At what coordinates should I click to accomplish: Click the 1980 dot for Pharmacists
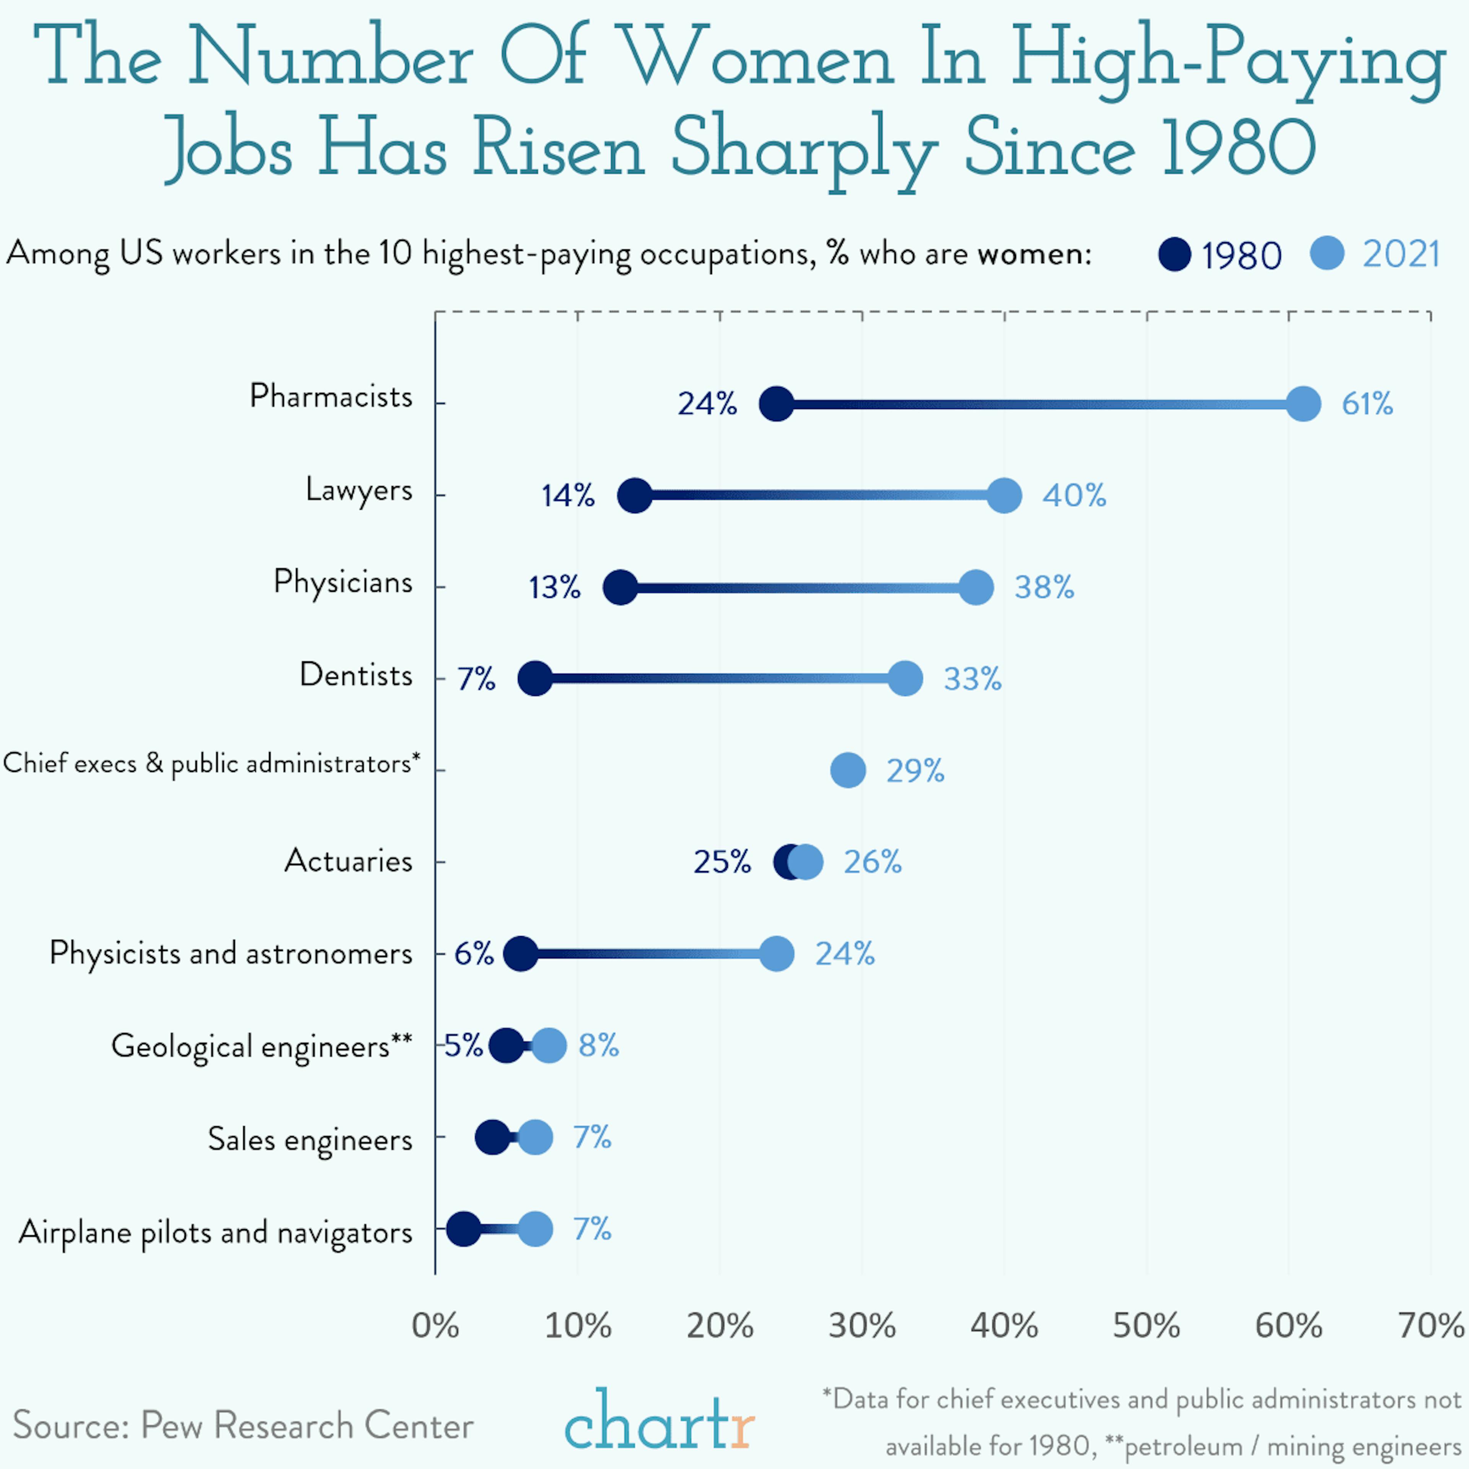click(776, 404)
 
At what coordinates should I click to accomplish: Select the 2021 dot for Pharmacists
click(1303, 404)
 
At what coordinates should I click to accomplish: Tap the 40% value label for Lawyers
click(1073, 496)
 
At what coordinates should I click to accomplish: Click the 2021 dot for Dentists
click(905, 678)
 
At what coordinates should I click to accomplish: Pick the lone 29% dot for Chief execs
click(848, 770)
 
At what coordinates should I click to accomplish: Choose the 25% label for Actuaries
click(721, 862)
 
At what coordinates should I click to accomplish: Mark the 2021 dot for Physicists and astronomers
click(776, 953)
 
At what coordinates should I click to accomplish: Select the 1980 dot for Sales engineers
click(492, 1137)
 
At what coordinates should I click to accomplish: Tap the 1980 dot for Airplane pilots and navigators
click(463, 1229)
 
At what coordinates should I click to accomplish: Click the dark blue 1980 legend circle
click(1174, 254)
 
